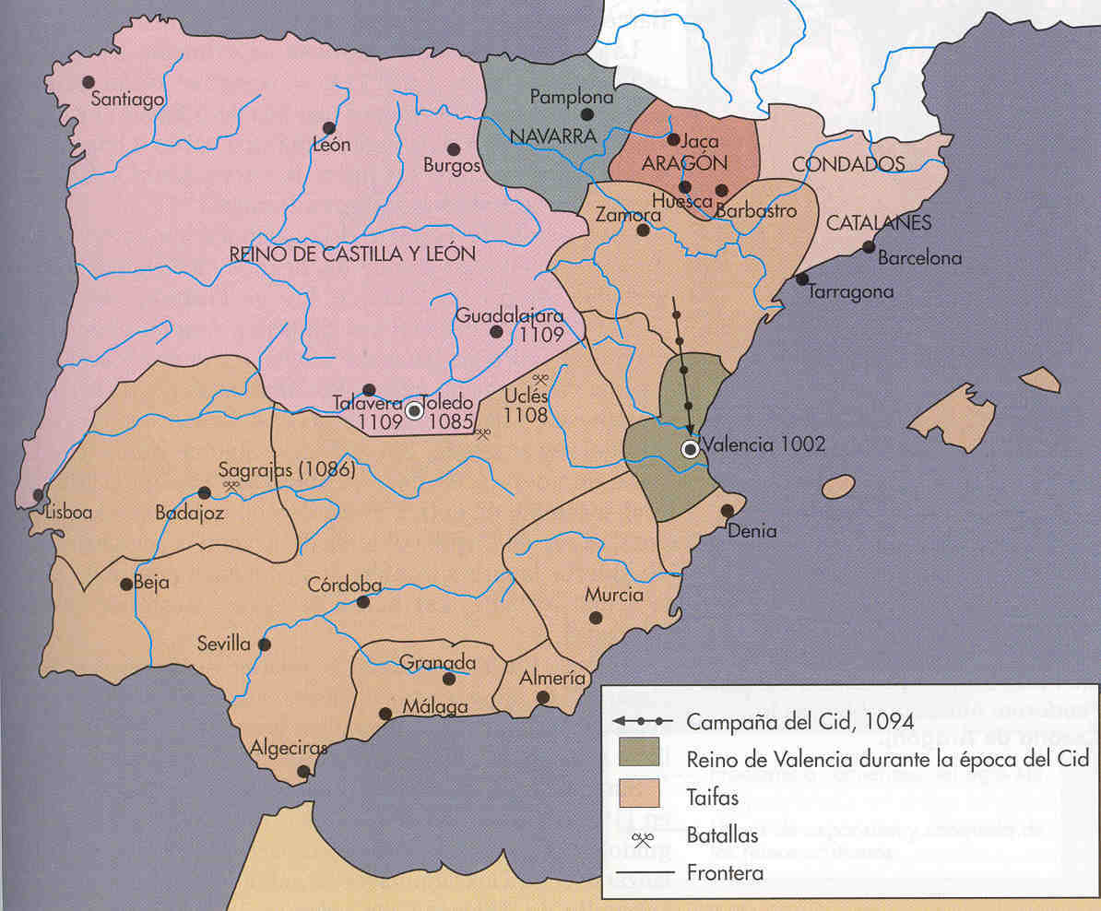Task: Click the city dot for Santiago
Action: tap(89, 82)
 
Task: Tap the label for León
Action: tap(332, 146)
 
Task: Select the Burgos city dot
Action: tap(453, 148)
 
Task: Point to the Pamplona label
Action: tap(572, 97)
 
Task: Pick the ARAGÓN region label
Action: tap(685, 163)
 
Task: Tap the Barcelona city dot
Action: tap(868, 246)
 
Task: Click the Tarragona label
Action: tap(851, 292)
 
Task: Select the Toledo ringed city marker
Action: tap(415, 410)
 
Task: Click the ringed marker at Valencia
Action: tap(690, 449)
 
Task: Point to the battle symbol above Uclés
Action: tap(541, 378)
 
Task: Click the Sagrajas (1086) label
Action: tap(288, 467)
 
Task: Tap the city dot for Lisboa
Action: tap(38, 495)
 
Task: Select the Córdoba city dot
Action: tap(363, 601)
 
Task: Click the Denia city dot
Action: tap(728, 510)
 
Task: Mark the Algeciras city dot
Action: tap(303, 772)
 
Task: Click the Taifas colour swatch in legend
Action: tap(640, 793)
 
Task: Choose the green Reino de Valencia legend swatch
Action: tap(640, 752)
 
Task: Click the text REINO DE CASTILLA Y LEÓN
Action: tap(353, 254)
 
